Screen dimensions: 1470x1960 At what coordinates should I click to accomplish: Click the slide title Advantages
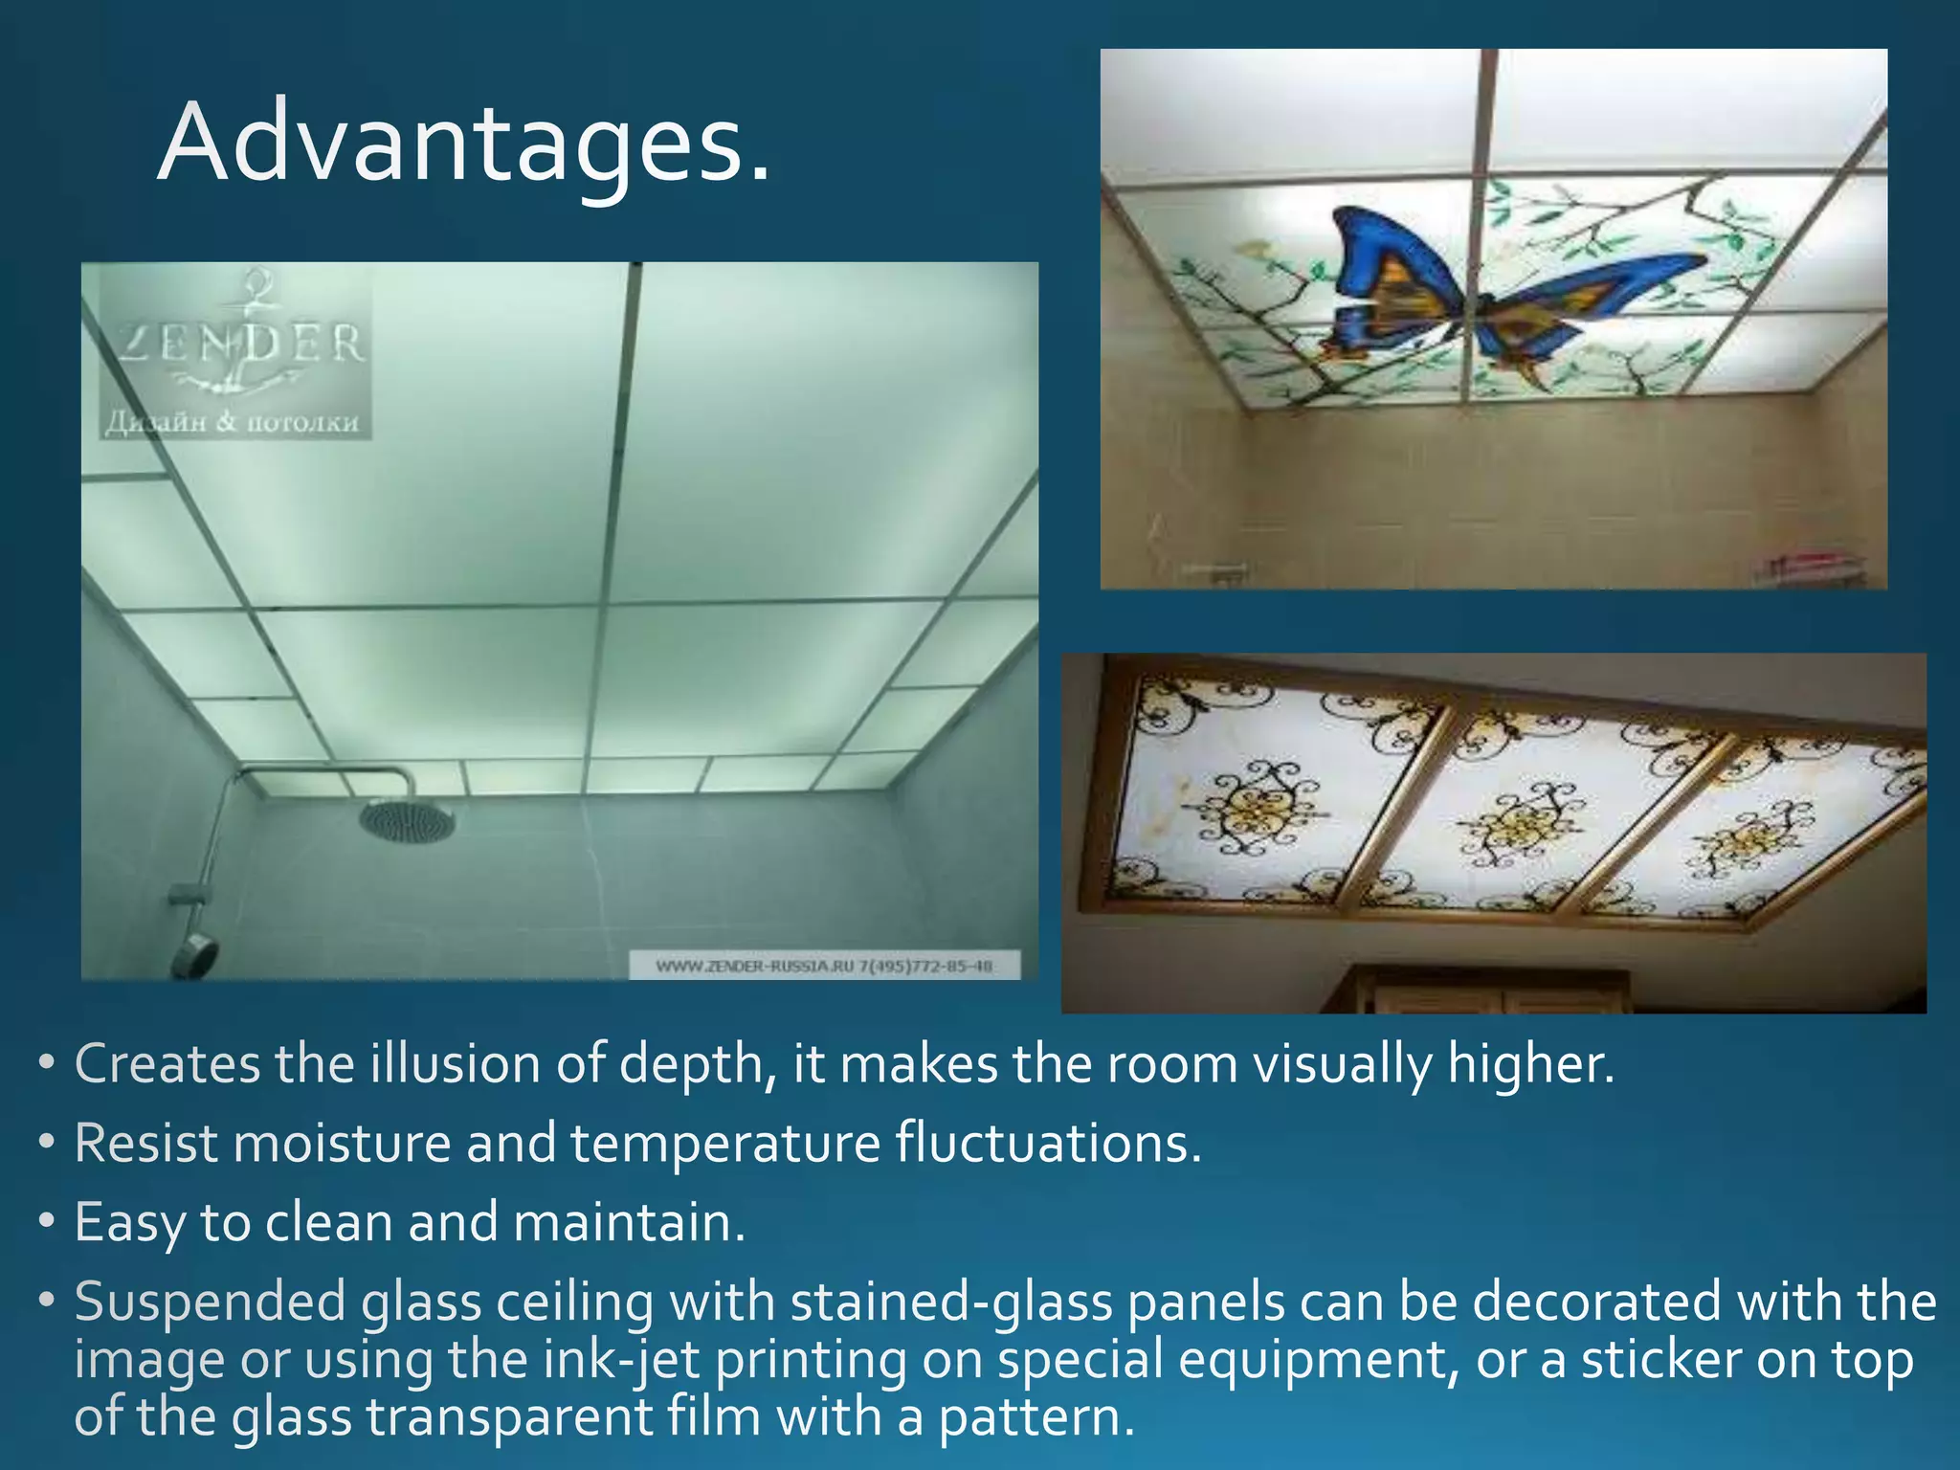point(463,144)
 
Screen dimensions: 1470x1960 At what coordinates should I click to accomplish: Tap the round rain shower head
point(407,820)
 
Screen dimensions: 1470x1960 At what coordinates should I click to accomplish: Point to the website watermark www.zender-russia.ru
point(824,966)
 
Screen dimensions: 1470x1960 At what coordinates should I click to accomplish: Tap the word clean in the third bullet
point(330,1222)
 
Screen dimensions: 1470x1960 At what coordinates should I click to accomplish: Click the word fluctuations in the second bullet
point(1047,1143)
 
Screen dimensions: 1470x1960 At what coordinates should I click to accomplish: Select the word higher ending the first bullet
point(1529,1064)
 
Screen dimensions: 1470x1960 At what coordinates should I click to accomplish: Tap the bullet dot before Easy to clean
point(47,1222)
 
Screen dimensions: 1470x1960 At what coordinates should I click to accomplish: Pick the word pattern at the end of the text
point(1034,1417)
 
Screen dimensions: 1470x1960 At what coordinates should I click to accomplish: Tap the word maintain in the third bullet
point(628,1222)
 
